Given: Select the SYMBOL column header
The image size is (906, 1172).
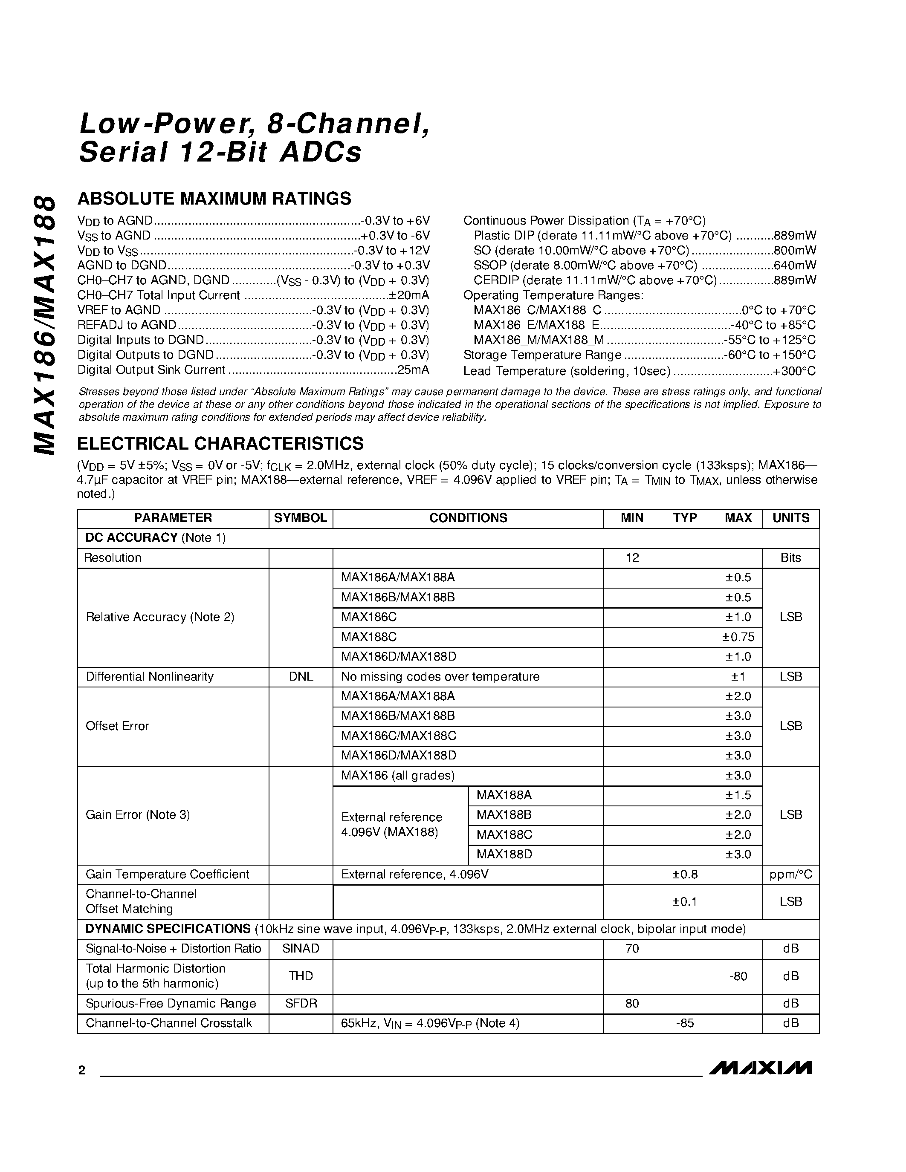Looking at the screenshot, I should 301,518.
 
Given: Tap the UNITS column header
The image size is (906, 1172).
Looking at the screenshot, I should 790,518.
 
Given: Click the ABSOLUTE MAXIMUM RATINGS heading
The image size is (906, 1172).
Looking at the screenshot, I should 214,199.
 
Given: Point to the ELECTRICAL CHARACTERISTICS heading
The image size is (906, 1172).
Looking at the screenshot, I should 220,443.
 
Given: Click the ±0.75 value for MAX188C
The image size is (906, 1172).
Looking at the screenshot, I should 738,637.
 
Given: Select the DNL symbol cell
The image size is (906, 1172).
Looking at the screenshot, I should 301,677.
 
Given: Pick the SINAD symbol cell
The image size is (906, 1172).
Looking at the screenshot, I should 301,949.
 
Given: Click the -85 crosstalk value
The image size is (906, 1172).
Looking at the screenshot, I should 685,1023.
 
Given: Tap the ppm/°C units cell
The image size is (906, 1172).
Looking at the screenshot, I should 790,875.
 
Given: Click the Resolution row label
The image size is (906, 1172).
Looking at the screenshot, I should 113,557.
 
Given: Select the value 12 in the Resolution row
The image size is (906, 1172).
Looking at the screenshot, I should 632,557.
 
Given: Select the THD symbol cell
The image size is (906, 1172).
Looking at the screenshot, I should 301,976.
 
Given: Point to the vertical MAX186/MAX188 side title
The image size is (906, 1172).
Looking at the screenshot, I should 44,325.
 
